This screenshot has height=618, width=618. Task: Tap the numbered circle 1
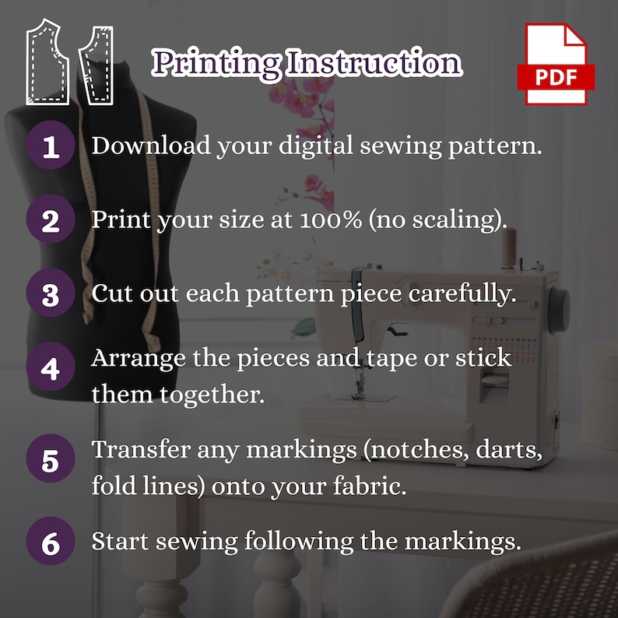[51, 146]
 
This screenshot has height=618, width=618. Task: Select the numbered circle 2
[51, 220]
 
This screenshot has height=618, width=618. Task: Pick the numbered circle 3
[51, 295]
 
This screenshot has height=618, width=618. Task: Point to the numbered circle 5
[51, 461]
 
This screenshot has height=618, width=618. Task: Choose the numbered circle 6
[51, 542]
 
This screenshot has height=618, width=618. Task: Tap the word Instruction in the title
[374, 62]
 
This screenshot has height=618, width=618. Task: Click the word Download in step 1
[140, 145]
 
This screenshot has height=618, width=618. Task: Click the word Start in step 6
[116, 540]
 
